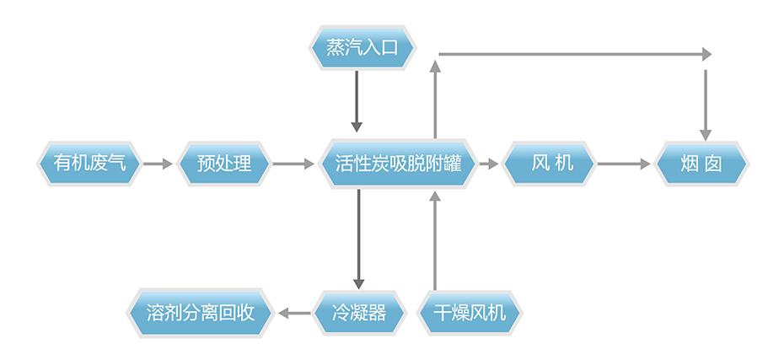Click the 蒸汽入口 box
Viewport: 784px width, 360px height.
tap(360, 47)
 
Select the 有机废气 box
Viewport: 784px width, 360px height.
tap(89, 163)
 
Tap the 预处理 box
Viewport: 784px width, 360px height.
tap(224, 163)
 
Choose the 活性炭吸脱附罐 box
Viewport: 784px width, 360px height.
tap(398, 163)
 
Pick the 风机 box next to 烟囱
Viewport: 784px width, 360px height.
tap(551, 163)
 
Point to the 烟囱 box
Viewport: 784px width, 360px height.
tap(701, 163)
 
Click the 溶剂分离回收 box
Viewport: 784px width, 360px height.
tap(201, 314)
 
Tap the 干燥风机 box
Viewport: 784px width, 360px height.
tap(470, 314)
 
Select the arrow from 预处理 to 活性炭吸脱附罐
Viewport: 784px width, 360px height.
tap(293, 164)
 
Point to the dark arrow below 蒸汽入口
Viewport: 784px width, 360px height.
tap(357, 101)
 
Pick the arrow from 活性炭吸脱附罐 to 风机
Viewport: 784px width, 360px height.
tap(488, 164)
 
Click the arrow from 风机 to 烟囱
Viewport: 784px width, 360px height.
tap(624, 164)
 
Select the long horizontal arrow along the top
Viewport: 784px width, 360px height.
tap(573, 54)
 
